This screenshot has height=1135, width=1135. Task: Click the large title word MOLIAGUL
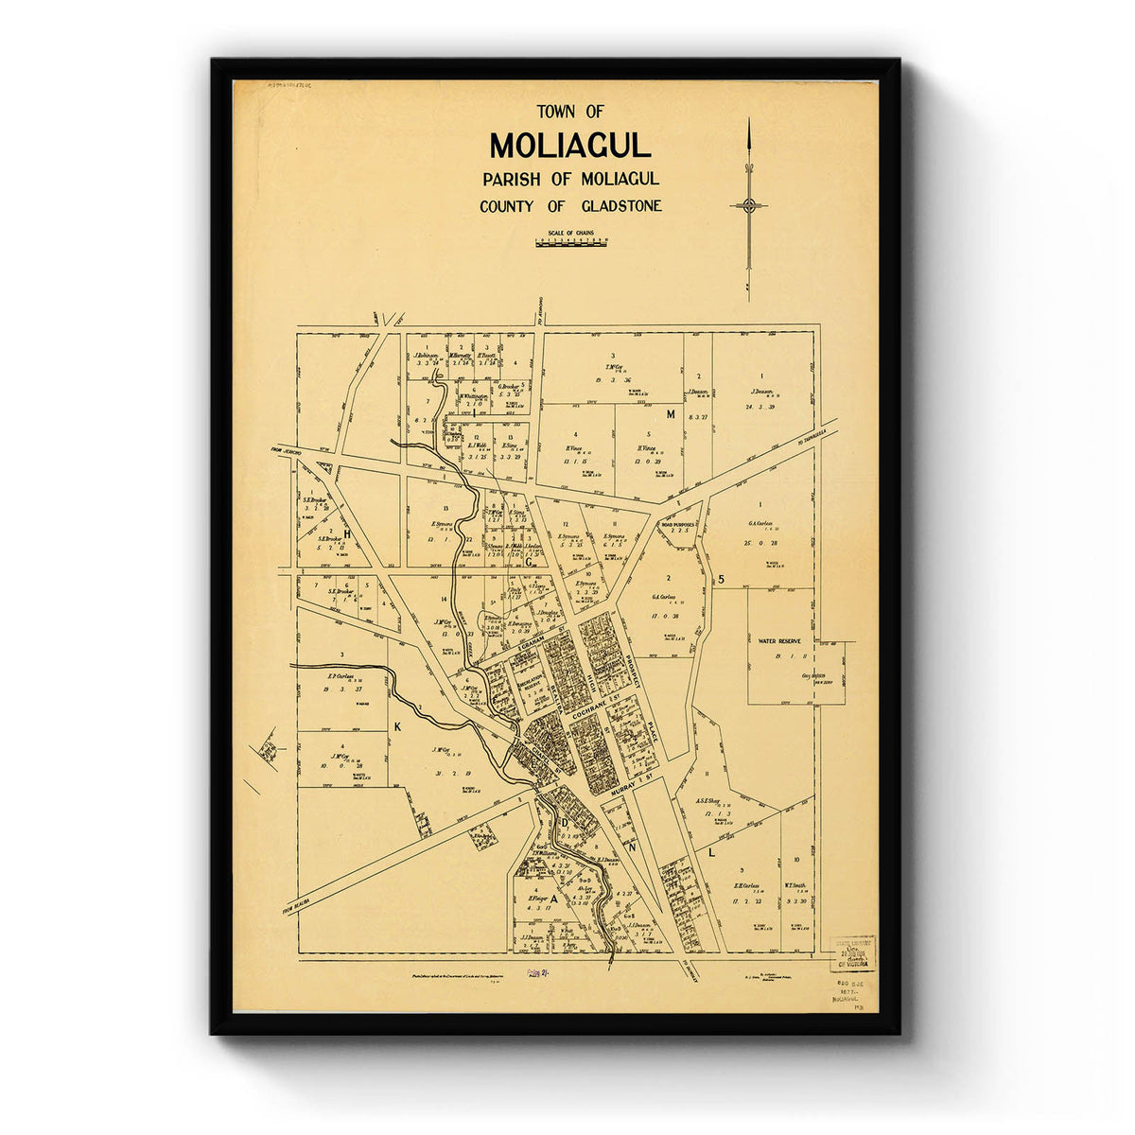point(570,146)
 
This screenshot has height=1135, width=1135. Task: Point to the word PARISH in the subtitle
point(512,179)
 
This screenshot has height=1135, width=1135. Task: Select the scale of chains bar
point(571,243)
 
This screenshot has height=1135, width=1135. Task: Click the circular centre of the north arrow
point(749,205)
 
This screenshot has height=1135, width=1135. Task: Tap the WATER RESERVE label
point(778,641)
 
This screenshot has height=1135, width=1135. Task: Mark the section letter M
point(671,414)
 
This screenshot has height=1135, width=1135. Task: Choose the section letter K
point(397,726)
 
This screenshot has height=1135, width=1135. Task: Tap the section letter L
point(711,852)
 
